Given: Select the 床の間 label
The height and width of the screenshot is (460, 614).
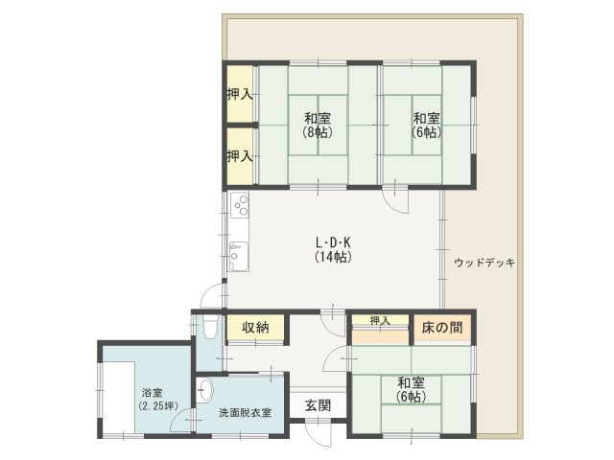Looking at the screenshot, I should point(442,328).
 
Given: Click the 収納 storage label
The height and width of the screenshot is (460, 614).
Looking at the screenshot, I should point(255,328).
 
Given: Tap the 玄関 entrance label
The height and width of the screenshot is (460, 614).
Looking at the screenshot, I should point(319,405).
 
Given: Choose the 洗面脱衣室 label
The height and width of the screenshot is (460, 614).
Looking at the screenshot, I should point(245,413).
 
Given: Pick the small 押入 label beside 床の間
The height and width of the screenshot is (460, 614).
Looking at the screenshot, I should point(381,321).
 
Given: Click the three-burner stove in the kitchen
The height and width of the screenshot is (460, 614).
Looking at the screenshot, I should point(240,205).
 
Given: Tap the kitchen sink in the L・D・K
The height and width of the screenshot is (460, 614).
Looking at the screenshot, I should point(238,256).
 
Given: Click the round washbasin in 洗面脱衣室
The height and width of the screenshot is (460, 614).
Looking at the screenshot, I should point(205,390).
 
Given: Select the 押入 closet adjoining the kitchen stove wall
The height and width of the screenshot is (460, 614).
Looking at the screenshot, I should point(240,155).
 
